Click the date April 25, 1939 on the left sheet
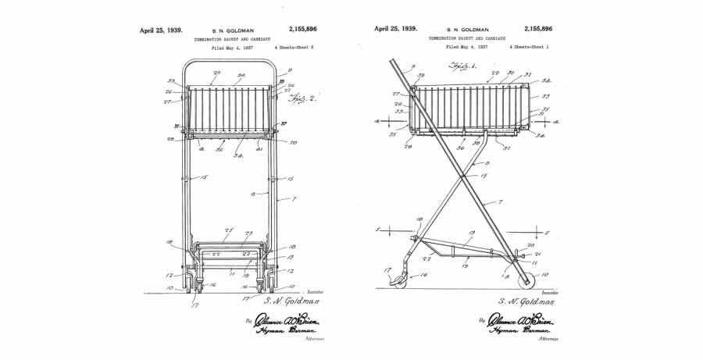coord(161,30)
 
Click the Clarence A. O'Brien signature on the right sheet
coord(516,320)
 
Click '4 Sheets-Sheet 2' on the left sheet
coord(293,47)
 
